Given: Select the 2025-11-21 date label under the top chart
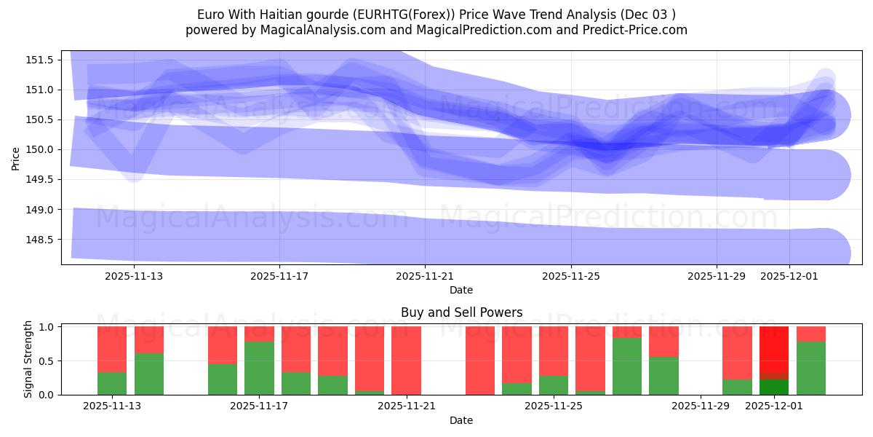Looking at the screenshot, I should tap(425, 277).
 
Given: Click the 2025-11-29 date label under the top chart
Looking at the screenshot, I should tap(717, 277).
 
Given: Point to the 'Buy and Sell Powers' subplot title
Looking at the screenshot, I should tap(461, 312).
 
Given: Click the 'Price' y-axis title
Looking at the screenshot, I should tap(16, 157).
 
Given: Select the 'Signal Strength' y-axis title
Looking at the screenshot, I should tap(28, 359).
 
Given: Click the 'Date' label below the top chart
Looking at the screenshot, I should tap(461, 290).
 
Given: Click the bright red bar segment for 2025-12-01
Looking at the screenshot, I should tap(774, 352).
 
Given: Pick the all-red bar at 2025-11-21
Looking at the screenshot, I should tap(407, 361).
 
